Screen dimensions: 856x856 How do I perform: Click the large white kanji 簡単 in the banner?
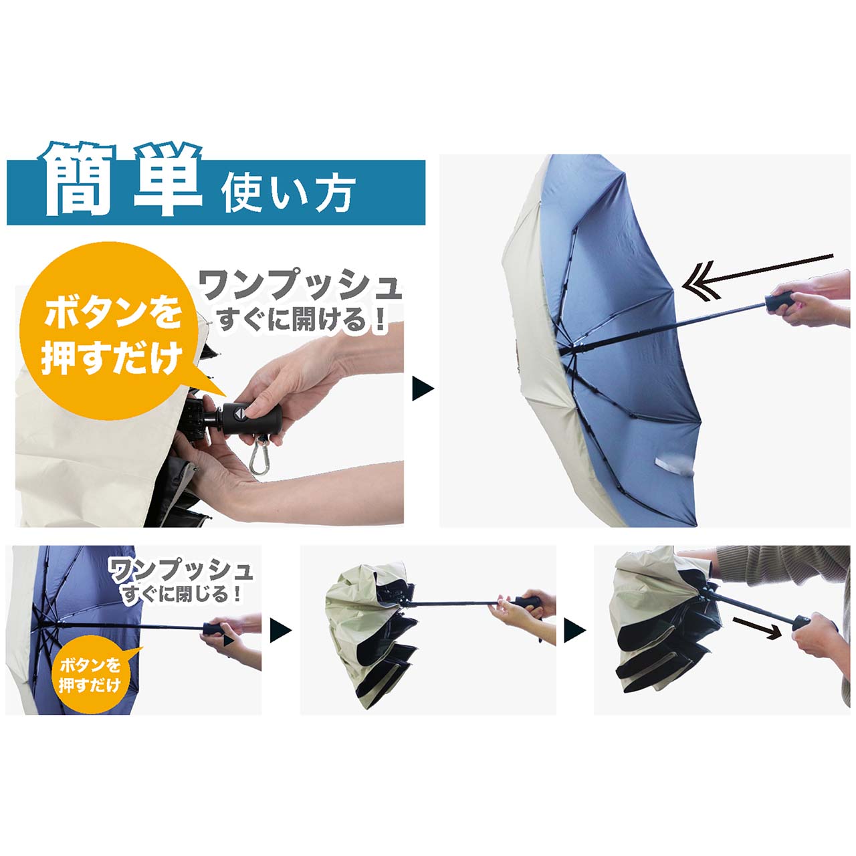(120, 179)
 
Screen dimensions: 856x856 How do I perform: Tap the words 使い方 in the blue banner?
(288, 193)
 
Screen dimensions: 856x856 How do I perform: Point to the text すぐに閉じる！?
(182, 594)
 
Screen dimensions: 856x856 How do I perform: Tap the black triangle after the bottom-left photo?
(281, 630)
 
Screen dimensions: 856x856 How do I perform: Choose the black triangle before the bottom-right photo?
(575, 631)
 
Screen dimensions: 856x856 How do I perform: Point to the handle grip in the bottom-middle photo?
(528, 602)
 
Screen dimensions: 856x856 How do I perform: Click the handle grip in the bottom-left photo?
(213, 629)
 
